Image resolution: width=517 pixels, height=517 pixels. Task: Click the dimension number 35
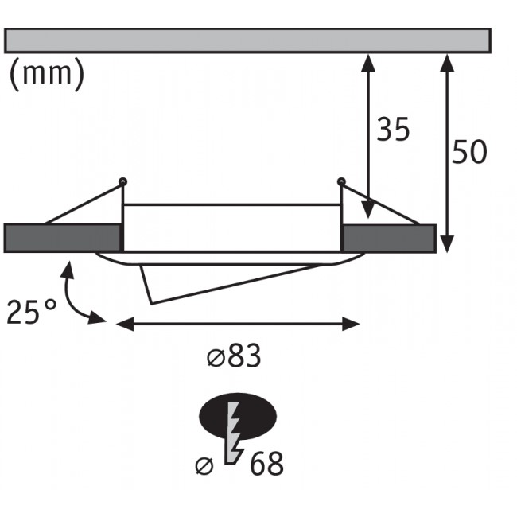393,130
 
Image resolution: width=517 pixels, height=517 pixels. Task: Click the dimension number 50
468,151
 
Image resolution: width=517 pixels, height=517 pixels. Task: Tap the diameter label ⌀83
234,358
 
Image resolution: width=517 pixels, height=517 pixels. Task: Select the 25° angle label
32,312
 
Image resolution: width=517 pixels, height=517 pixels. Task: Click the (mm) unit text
47,74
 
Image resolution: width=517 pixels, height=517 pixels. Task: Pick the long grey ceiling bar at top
247,41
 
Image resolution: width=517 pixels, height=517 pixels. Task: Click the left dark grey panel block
63,238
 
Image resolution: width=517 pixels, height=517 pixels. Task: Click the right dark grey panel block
389,238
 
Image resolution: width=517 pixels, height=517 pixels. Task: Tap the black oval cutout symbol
236,415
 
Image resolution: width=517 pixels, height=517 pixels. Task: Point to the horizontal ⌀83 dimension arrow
239,323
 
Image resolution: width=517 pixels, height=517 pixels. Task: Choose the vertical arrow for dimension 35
368,135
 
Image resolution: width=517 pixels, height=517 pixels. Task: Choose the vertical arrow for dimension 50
447,151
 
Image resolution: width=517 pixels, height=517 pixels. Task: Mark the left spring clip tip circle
122,182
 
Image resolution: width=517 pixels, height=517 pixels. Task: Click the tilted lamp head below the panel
215,278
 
